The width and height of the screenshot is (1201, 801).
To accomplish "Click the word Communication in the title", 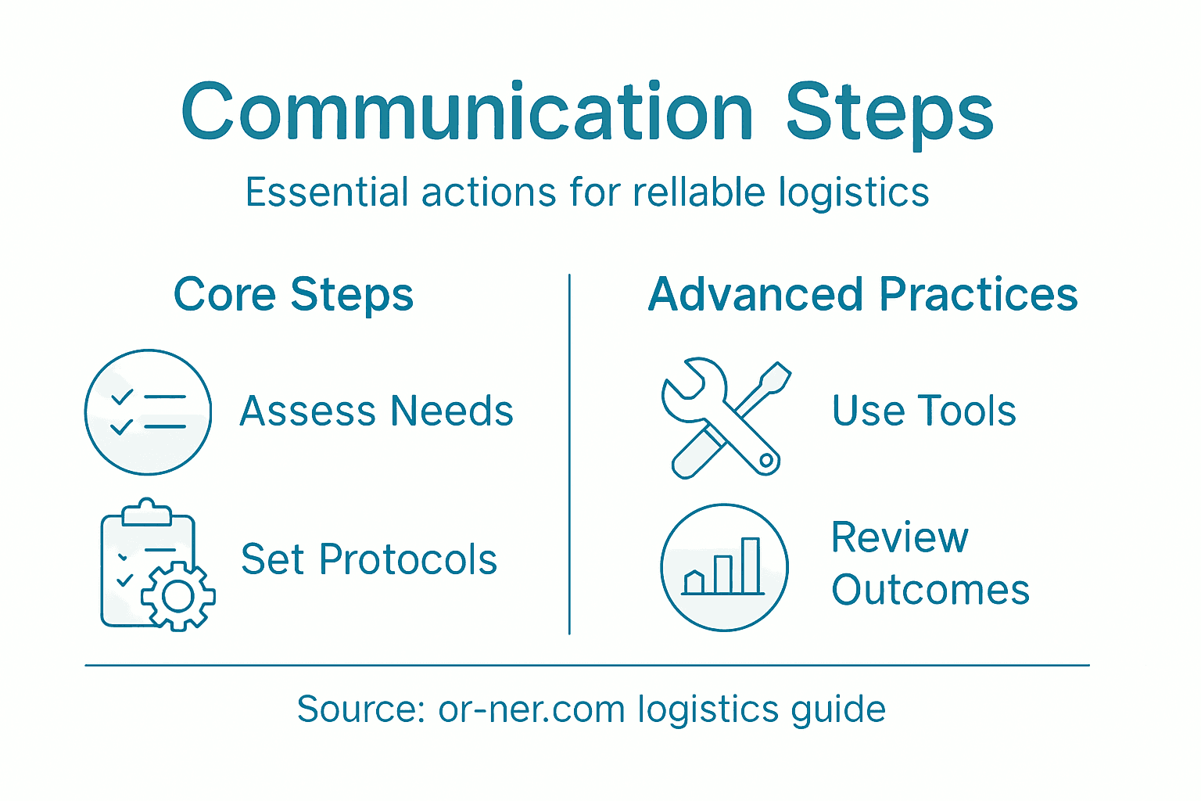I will tap(467, 113).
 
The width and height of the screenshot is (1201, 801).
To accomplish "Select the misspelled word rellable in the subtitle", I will tap(699, 192).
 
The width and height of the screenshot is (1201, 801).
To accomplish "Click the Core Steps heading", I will tap(293, 295).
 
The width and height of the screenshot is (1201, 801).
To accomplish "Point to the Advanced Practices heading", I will tap(863, 295).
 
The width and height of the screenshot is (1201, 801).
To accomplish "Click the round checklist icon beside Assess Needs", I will tap(148, 412).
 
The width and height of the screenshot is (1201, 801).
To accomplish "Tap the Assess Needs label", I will tap(376, 411).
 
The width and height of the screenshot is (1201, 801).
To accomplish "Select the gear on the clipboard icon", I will tap(178, 597).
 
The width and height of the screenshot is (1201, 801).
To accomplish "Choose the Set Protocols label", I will tap(369, 560).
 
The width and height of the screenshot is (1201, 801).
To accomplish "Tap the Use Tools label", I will tap(923, 411).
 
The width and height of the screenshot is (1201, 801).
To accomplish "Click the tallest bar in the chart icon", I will tap(751, 565).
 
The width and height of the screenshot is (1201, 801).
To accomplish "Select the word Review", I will tap(899, 538).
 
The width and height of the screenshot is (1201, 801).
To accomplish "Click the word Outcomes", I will tap(930, 590).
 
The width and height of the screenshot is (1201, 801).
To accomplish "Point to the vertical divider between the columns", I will tap(569, 454).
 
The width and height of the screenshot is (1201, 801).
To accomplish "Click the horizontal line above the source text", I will tap(586, 666).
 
